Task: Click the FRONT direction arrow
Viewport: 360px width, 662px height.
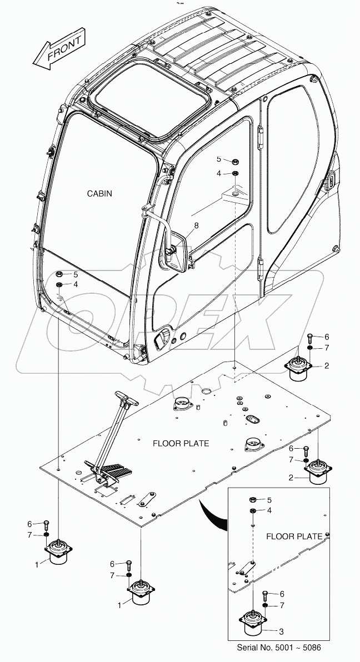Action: click(58, 49)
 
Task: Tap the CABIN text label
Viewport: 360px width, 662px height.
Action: click(100, 193)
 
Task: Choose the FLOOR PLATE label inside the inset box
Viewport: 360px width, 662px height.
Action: click(294, 536)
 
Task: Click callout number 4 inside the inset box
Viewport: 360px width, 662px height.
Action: click(269, 510)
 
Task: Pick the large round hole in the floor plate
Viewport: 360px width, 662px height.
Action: click(206, 392)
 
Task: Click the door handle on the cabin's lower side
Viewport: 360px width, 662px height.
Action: click(161, 338)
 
